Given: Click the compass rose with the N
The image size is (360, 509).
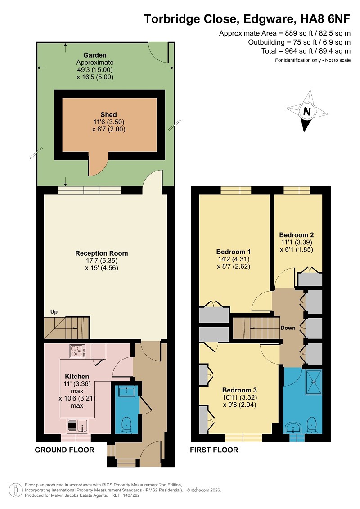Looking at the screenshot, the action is click(x=306, y=111).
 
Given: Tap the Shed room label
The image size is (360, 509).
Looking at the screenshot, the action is click(x=108, y=115).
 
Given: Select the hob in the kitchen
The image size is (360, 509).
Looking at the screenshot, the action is click(x=78, y=351).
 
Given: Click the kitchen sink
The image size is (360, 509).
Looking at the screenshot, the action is click(x=77, y=426).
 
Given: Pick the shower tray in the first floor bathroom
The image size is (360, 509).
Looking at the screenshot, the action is click(x=314, y=382).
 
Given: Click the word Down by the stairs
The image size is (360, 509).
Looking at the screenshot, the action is click(x=288, y=328).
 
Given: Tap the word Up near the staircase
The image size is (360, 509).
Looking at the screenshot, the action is click(x=54, y=311).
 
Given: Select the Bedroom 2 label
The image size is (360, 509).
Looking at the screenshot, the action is click(x=297, y=235).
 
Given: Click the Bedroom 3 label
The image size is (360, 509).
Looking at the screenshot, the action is click(x=239, y=390).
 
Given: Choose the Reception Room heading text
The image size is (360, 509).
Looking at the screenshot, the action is click(x=102, y=253).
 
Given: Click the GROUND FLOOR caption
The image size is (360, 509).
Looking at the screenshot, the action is click(x=65, y=450).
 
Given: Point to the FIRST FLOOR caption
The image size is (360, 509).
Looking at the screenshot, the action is click(x=214, y=450).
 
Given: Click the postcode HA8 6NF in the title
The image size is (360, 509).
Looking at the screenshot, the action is click(x=325, y=19).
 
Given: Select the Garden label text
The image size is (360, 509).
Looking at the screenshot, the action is click(x=95, y=55).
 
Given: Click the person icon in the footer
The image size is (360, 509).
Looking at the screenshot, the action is click(x=16, y=490).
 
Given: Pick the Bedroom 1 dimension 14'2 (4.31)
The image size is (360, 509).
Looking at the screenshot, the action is click(x=234, y=259).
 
